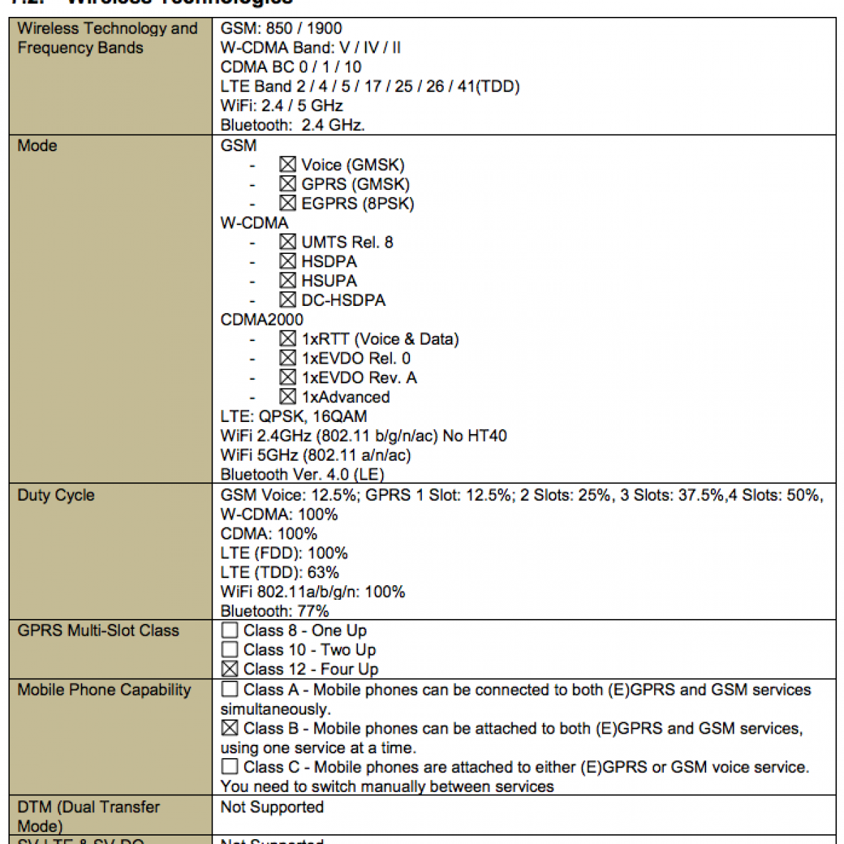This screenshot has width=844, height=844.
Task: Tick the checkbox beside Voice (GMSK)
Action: [x=287, y=165]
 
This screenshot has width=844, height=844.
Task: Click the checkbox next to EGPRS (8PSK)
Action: [x=287, y=203]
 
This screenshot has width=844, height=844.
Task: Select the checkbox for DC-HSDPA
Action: [x=287, y=300]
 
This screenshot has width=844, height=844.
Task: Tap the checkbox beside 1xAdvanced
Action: [x=287, y=397]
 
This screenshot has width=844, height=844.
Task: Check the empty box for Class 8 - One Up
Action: [x=229, y=630]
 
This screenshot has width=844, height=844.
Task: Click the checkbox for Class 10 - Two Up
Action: [x=229, y=649]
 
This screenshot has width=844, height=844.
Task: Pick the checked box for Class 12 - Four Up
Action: [x=229, y=669]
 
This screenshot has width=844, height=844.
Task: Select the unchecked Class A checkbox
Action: [x=229, y=689]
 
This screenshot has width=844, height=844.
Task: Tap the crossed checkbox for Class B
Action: [x=229, y=728]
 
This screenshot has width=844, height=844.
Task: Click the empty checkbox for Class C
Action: [x=229, y=767]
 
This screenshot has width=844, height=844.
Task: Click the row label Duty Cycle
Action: [x=56, y=495]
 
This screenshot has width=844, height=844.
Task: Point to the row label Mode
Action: [x=37, y=146]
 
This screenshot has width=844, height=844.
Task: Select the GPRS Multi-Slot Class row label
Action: [x=98, y=630]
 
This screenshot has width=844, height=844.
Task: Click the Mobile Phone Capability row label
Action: [x=104, y=689]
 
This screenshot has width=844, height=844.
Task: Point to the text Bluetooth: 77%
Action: [x=274, y=610]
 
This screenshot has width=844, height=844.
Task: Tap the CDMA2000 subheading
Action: [x=262, y=319]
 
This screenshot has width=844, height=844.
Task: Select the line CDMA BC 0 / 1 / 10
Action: [x=290, y=67]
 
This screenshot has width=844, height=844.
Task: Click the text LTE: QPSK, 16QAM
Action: [x=293, y=416]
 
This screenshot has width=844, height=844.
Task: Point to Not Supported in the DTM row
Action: [x=272, y=807]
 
